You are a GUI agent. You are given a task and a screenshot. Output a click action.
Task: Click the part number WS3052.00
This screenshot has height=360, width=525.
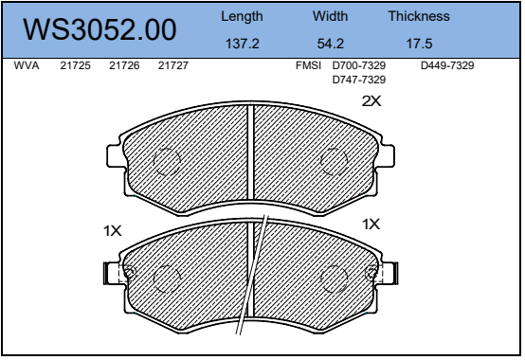coord(100,30)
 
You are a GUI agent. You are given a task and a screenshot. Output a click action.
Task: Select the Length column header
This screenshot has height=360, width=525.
coord(242,16)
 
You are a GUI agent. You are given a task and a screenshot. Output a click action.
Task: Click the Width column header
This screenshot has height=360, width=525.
coord(331,16)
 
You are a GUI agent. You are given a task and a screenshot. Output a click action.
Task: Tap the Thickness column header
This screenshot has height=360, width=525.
coord(419,16)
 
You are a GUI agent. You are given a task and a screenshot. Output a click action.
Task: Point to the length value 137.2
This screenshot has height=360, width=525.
coord(242,44)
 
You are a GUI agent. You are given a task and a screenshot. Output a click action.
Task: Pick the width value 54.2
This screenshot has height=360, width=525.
coord(331,44)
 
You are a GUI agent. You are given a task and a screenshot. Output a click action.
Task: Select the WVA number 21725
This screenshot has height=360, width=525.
coord(75,65)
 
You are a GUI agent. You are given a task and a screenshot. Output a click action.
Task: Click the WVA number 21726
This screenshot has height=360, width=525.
coord(124,65)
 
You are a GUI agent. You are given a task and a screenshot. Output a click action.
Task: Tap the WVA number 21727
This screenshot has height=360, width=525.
coord(172,65)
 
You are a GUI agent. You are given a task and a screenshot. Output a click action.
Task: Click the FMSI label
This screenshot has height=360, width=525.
coord(308,65)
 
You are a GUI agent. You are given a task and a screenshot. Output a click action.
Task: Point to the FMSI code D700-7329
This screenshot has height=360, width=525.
coord(358,65)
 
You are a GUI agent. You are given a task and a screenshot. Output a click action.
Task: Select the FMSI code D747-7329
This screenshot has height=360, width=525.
coord(358,80)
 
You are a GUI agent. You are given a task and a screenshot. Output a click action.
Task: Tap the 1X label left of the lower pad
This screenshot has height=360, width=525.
coord(113,229)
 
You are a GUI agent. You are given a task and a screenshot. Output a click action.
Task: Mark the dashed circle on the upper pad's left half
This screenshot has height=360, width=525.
coord(167,161)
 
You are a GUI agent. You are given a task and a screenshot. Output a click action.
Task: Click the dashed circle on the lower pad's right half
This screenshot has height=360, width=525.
coord(335,279)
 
